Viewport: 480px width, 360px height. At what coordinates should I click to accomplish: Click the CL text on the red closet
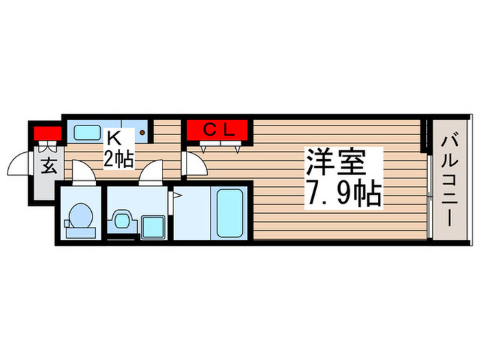(x=221, y=128)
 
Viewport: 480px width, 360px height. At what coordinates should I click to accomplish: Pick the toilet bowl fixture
(x=80, y=216)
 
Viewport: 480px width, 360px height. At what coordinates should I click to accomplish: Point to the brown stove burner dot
(x=143, y=132)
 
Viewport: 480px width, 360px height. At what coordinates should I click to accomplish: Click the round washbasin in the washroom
(x=123, y=219)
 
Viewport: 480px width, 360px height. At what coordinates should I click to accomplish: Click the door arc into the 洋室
(x=194, y=165)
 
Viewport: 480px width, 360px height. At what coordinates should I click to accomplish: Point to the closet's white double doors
(x=220, y=145)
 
